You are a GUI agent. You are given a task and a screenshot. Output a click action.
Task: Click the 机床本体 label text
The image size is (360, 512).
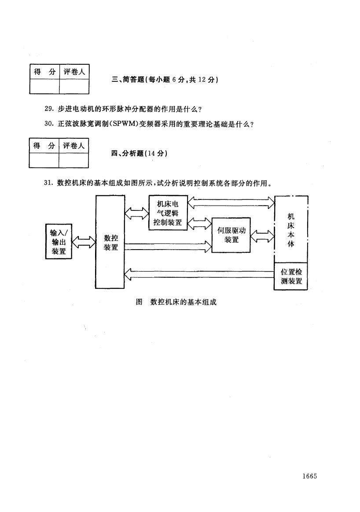(291, 230)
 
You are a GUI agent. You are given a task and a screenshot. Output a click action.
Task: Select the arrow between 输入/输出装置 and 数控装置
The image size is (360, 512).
(84, 242)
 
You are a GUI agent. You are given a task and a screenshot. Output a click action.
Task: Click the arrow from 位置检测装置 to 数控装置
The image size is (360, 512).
(199, 274)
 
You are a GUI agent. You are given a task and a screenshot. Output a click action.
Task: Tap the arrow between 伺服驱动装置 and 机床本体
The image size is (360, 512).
(262, 236)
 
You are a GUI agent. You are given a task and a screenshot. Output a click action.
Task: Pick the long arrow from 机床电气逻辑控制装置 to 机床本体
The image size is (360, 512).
(231, 203)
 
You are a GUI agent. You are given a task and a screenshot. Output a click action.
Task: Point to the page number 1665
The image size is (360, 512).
(309, 476)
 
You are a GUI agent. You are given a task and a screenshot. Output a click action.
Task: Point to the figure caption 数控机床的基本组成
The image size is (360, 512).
(184, 302)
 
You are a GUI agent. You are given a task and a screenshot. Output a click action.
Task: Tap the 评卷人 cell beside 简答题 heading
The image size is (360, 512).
(74, 72)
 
